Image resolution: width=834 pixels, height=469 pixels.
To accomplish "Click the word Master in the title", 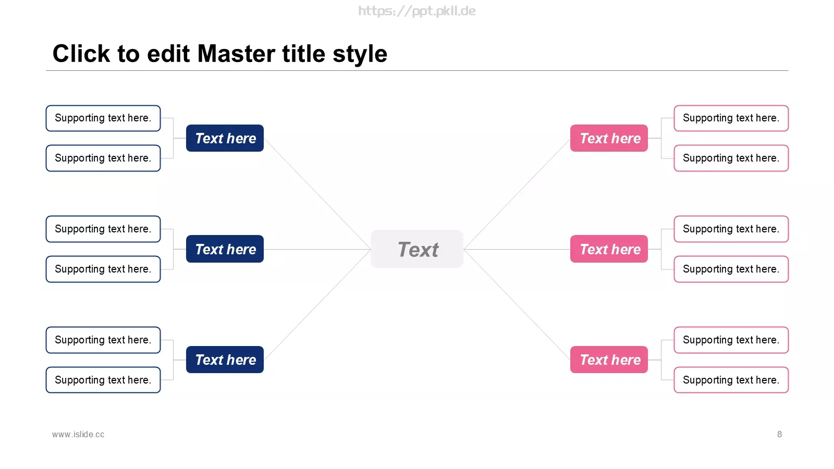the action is click(237, 54).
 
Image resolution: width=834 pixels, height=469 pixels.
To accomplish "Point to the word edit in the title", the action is click(168, 54).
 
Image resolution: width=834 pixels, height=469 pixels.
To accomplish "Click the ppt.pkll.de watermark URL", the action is click(416, 11).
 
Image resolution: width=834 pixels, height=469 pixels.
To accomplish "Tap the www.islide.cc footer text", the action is click(78, 435).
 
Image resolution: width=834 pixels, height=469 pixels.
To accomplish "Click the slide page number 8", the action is click(779, 435).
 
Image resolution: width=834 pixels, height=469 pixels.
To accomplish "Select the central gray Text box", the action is click(417, 249).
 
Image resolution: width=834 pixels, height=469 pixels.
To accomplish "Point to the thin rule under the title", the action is click(417, 70).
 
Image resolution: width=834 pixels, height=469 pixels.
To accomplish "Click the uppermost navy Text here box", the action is click(225, 138).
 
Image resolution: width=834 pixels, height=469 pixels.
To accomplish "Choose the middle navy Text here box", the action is click(225, 249).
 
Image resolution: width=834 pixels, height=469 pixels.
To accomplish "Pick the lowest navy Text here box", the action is click(225, 360).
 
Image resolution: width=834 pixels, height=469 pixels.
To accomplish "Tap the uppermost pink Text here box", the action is click(609, 138).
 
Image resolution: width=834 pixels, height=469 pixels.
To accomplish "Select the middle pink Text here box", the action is click(609, 249).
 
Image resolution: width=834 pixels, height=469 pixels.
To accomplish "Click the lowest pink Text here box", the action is click(609, 360).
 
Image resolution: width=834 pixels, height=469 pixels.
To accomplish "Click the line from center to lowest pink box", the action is click(517, 304).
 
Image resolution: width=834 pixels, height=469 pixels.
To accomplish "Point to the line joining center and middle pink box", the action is click(517, 249).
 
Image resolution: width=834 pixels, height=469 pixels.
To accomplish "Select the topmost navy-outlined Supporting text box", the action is click(103, 118).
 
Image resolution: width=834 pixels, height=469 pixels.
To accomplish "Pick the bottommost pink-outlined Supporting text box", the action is click(731, 380).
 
